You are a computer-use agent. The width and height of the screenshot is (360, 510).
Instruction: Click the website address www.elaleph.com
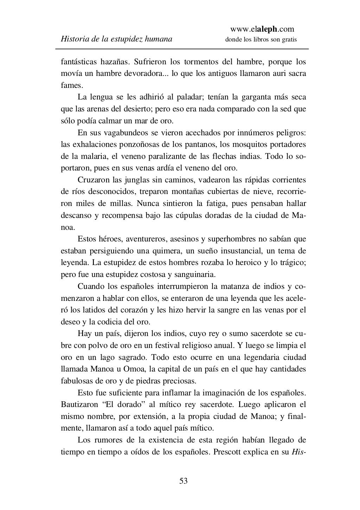(262, 29)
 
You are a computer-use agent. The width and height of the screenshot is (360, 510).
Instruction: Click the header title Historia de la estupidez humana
(116, 39)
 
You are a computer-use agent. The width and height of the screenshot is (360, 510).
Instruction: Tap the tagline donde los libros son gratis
(261, 39)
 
